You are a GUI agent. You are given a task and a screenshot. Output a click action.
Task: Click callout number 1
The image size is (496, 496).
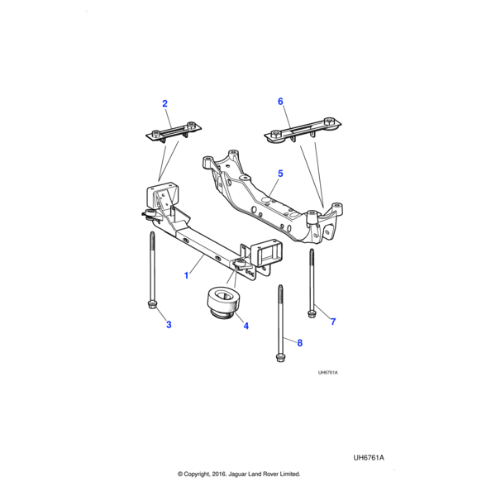coord(187,271)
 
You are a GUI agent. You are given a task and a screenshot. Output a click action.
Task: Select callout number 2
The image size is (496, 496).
coord(165,103)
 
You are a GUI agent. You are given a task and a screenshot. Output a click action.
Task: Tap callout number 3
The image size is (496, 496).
coord(169,325)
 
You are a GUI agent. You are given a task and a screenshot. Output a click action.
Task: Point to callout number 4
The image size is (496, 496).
coord(246,327)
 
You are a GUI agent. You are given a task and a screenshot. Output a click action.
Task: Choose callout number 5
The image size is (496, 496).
coord(280,174)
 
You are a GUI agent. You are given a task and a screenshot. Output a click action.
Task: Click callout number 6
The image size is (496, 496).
coord(280,101)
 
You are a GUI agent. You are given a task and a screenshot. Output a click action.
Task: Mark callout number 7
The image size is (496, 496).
coord(333,321)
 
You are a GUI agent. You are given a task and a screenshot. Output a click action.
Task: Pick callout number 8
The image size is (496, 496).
coord(299,342)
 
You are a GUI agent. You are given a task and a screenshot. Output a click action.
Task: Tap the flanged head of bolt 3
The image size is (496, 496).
coord(153,306)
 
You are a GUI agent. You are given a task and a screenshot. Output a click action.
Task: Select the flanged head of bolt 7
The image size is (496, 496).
coord(312,312)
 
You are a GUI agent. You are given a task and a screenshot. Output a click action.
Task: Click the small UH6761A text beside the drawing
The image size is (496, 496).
coord(328,372)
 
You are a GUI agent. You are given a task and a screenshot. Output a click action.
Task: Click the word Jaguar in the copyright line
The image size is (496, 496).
coord(237,474)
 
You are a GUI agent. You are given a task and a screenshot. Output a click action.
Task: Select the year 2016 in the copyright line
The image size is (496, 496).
coord(217,474)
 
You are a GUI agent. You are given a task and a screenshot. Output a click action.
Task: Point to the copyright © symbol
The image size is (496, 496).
coord(180,474)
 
